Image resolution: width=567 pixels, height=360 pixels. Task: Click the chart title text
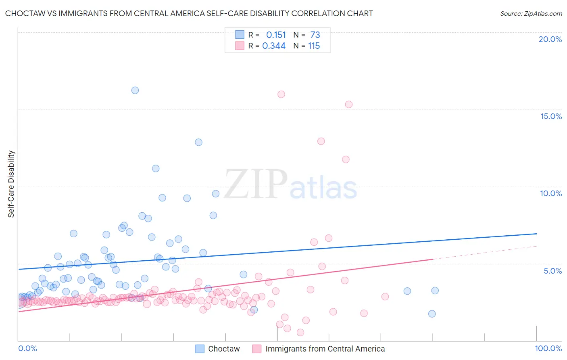click(x=189, y=13)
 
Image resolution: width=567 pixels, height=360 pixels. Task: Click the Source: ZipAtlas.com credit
click(x=531, y=13)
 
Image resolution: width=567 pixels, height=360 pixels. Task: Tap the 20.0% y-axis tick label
click(x=550, y=39)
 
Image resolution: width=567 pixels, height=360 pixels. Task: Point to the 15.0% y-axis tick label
click(x=551, y=116)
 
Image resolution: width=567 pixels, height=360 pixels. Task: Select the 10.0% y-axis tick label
click(x=551, y=193)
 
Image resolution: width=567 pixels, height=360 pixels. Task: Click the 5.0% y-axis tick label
click(x=552, y=271)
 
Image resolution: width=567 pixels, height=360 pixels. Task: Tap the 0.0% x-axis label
click(x=27, y=348)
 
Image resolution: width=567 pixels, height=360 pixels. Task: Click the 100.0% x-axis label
click(x=548, y=348)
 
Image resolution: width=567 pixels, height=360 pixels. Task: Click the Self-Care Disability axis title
click(x=11, y=184)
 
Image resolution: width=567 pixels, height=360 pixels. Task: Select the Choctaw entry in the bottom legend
click(x=224, y=349)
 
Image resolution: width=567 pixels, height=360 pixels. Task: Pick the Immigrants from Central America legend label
click(x=325, y=349)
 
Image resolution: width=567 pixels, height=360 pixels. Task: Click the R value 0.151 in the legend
click(x=276, y=35)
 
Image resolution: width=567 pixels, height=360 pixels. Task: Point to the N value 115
click(x=314, y=46)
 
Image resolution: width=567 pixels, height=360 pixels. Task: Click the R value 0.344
click(x=274, y=46)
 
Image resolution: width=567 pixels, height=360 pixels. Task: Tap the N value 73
click(x=315, y=35)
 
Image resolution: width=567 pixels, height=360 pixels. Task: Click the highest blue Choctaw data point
click(x=135, y=90)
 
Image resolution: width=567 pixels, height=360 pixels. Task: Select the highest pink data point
click(x=281, y=94)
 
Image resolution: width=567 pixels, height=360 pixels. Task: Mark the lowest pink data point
click(x=300, y=332)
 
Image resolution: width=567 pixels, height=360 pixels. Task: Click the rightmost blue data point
click(x=435, y=291)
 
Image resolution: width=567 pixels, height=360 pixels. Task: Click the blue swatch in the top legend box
click(x=240, y=35)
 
